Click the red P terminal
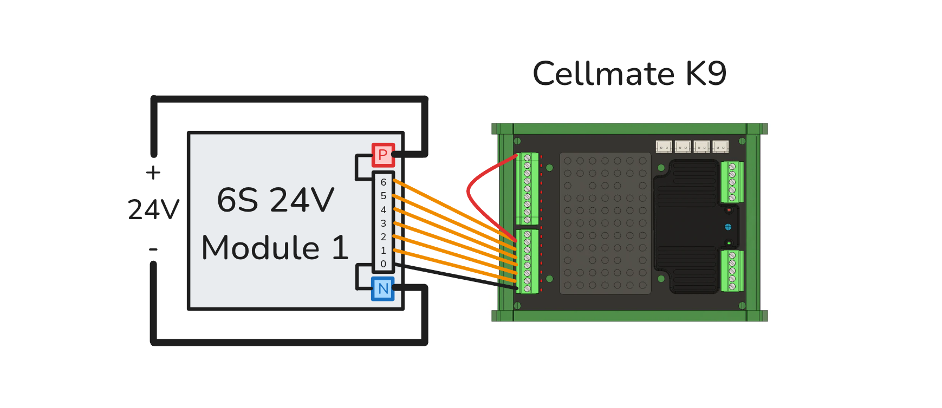383,155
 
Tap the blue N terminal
383,288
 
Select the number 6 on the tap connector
384,182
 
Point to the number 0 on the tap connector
384,264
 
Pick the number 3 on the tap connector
384,223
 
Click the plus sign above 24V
153,173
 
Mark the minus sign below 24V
153,249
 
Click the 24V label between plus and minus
153,210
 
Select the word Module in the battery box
261,248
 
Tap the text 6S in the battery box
237,200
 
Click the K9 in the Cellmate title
706,74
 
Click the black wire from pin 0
455,276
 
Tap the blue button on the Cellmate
728,227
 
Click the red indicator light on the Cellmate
729,210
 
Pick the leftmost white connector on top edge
664,147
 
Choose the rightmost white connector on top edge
720,147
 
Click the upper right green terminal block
732,182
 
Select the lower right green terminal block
732,271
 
